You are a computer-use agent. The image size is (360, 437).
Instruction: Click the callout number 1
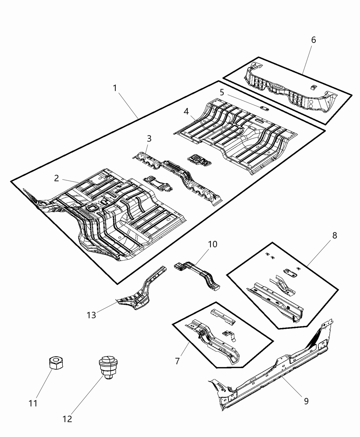coord(115,88)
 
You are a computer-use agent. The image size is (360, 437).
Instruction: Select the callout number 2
coord(56,178)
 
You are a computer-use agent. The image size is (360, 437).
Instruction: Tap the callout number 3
coord(149,138)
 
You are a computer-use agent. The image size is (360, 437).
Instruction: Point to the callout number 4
coord(186,111)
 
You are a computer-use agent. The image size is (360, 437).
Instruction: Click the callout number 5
coord(222,92)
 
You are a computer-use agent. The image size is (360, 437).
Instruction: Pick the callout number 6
coord(313,40)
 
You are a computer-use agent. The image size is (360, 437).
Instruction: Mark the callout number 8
coord(334,235)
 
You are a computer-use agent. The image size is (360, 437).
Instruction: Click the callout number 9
coord(306,401)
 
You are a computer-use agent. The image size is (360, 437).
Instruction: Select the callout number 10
coord(213,244)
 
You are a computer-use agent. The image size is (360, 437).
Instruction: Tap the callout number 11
coord(33,403)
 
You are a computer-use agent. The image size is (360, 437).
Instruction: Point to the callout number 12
coord(68,419)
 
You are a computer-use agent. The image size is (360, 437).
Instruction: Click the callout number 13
coord(92,315)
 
